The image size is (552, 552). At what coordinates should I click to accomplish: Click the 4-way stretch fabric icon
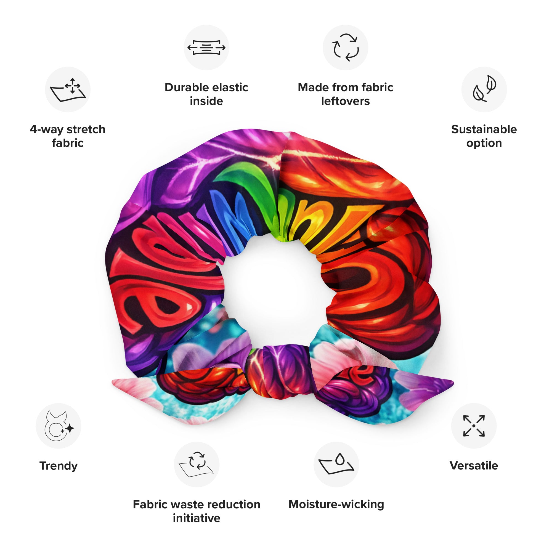pyautogui.click(x=68, y=89)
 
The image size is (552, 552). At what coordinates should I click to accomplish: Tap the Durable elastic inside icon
pyautogui.click(x=206, y=47)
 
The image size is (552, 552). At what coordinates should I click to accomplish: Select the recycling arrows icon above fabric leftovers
pyautogui.click(x=346, y=47)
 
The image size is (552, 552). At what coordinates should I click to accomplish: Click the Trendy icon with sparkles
pyautogui.click(x=59, y=426)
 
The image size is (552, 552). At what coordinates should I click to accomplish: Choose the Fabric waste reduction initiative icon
pyautogui.click(x=197, y=464)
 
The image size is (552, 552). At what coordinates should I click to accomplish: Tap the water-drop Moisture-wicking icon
pyautogui.click(x=336, y=464)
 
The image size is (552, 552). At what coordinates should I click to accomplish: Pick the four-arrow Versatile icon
pyautogui.click(x=474, y=426)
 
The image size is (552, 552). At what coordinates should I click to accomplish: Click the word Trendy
pyautogui.click(x=59, y=466)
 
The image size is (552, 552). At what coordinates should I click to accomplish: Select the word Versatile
pyautogui.click(x=474, y=466)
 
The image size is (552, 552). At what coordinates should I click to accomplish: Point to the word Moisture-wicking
pyautogui.click(x=336, y=505)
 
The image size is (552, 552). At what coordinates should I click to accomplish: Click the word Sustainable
pyautogui.click(x=484, y=129)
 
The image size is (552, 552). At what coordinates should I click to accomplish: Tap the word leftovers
pyautogui.click(x=346, y=101)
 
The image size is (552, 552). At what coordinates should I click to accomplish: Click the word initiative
pyautogui.click(x=197, y=518)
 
